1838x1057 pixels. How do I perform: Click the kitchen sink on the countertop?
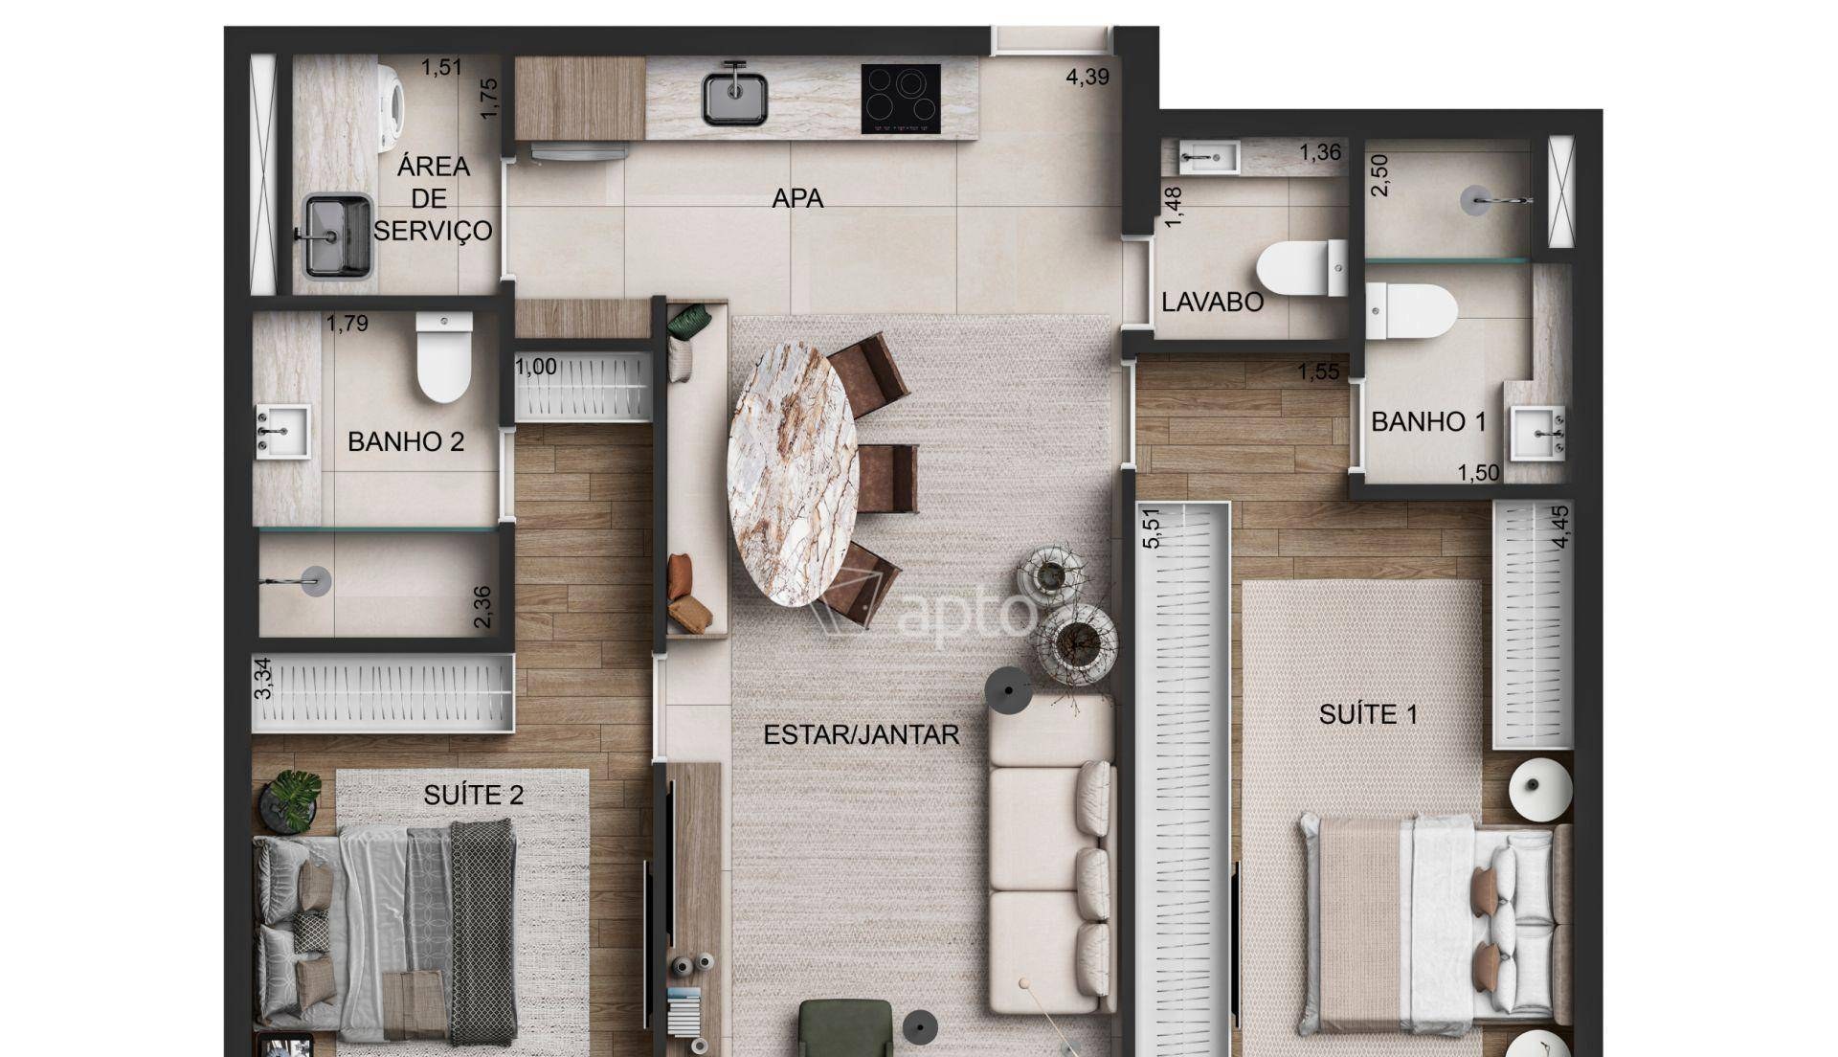(x=735, y=95)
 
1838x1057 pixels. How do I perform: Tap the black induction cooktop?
(x=900, y=99)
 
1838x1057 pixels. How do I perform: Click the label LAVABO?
(x=1212, y=303)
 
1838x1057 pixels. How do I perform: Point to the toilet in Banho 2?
(x=444, y=356)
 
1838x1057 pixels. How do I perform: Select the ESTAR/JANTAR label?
(x=861, y=735)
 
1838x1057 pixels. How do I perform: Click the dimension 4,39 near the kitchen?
(x=1087, y=78)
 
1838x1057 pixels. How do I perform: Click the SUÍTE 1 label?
(x=1368, y=714)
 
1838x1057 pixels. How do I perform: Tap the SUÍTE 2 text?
(x=473, y=796)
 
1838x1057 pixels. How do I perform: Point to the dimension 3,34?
(x=262, y=678)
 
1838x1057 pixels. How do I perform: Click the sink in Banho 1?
(x=1536, y=434)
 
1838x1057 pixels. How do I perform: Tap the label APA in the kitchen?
(x=797, y=199)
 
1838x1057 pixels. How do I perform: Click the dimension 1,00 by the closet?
(x=536, y=368)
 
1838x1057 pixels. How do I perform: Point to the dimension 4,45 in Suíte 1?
(x=1561, y=527)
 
